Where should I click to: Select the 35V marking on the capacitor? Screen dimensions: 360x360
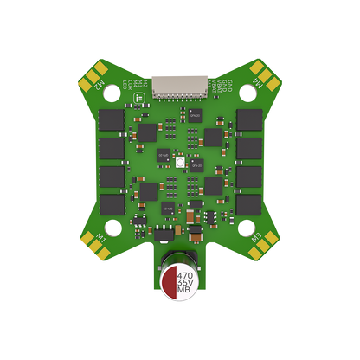(x=183, y=283)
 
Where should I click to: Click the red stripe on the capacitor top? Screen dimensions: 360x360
(x=168, y=282)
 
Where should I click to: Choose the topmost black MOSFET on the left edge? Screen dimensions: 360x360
(x=112, y=119)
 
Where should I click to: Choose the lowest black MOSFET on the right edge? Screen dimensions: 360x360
(x=248, y=204)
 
